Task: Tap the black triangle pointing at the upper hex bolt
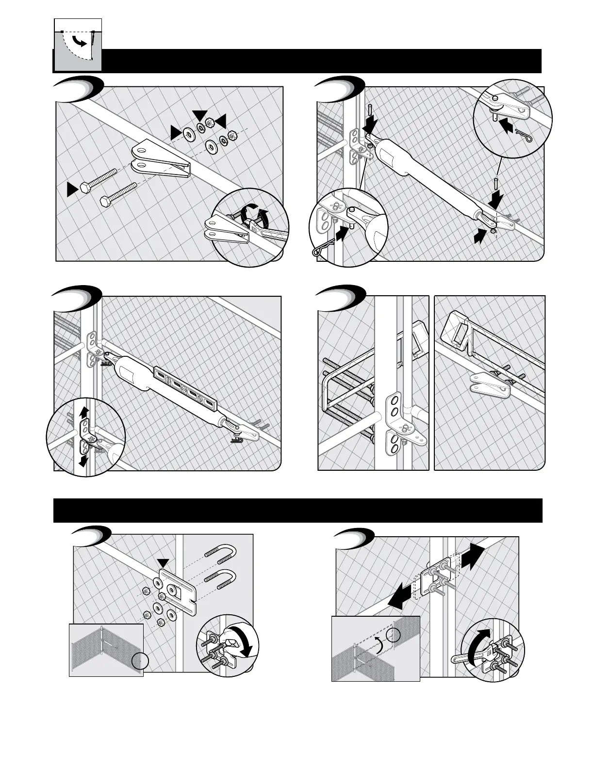point(72,189)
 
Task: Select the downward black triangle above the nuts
point(198,114)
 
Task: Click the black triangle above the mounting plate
point(164,563)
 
